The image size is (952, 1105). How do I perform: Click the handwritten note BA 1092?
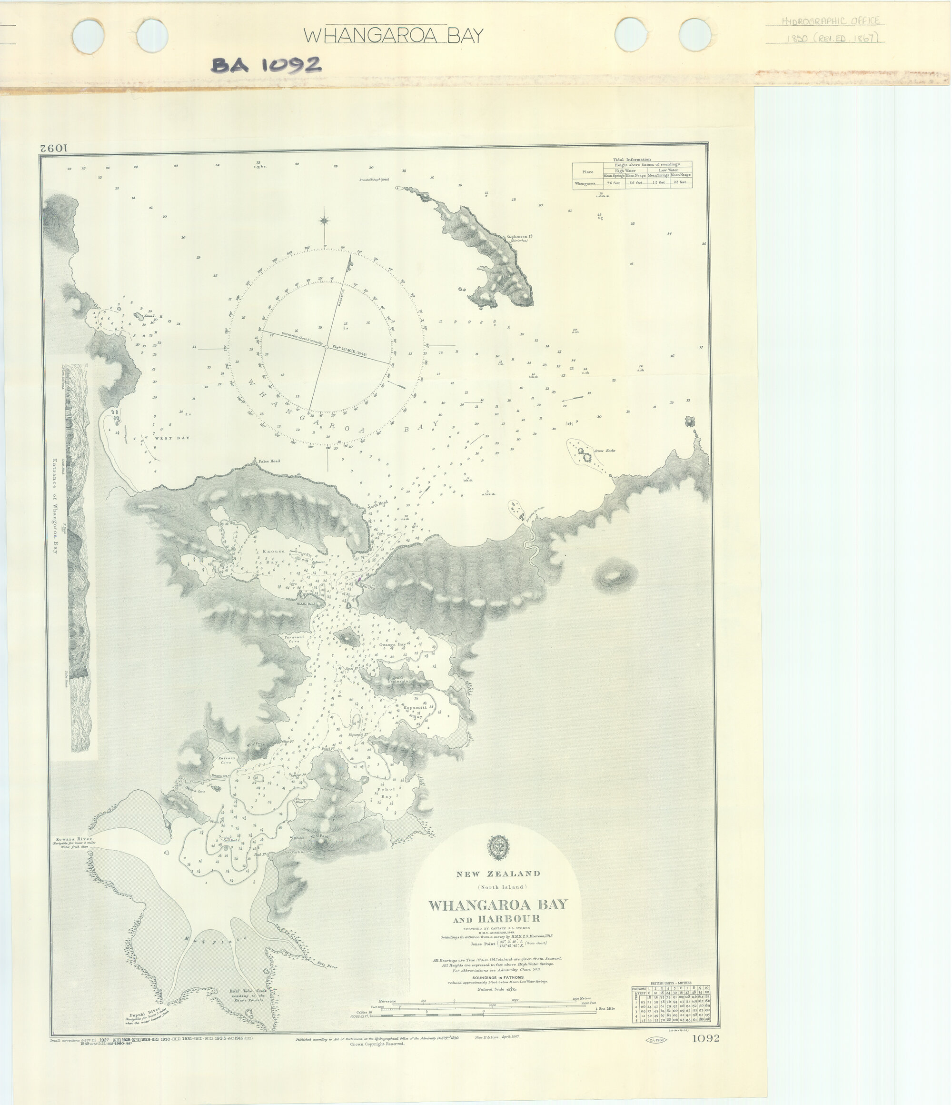267,66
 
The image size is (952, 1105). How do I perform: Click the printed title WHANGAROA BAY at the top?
393,36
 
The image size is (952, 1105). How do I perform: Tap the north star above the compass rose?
324,221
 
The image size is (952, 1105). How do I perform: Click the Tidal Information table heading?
632,160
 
